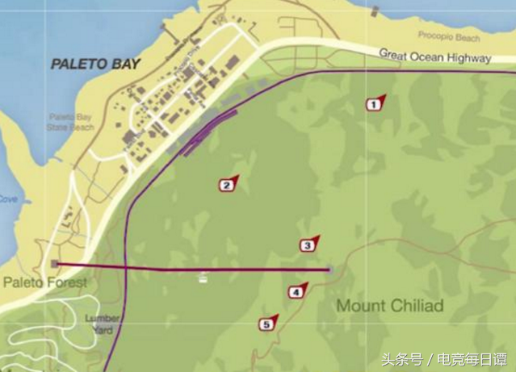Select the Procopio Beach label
(x=448, y=36)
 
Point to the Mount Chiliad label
(x=389, y=306)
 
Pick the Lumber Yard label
(x=103, y=324)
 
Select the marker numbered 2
(x=228, y=185)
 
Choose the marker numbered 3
(x=308, y=245)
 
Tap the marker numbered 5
(x=266, y=324)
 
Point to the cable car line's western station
(x=54, y=264)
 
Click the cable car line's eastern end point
(x=329, y=270)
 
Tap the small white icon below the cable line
(x=203, y=278)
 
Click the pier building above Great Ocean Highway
(x=375, y=11)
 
